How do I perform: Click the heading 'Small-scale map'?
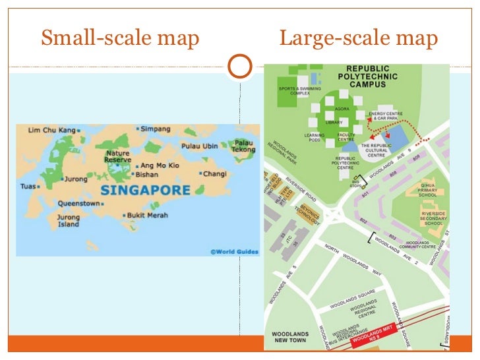click(x=119, y=39)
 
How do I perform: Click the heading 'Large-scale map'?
click(x=358, y=39)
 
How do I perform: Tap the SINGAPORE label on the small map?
click(x=146, y=190)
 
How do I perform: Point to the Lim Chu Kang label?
click(x=49, y=130)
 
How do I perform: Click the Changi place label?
click(x=215, y=174)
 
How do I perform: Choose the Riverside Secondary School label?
click(x=433, y=218)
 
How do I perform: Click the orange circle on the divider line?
click(x=239, y=65)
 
